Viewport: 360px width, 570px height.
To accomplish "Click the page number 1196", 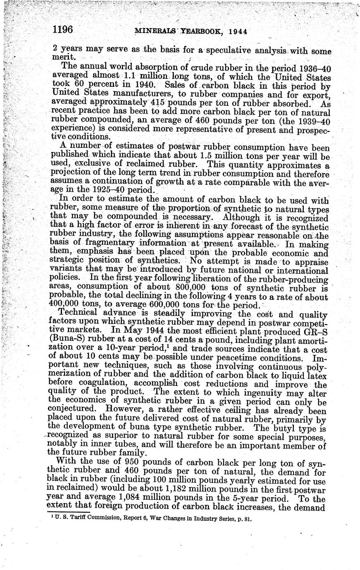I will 63,30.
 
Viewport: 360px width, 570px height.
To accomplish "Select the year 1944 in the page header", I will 238,32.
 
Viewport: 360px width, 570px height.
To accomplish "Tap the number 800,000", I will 190,288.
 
